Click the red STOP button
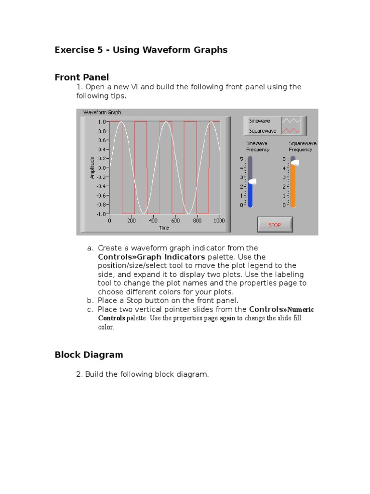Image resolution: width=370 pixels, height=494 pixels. pos(275,225)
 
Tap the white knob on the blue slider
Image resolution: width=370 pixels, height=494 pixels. pos(251,182)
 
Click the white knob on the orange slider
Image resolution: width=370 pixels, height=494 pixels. pos(294,163)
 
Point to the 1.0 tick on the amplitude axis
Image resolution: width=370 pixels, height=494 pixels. pos(103,122)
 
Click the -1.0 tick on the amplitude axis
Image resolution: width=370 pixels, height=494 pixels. pos(102,214)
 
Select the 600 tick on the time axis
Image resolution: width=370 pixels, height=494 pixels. pos(175,221)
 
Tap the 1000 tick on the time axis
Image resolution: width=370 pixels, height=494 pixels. pos(219,221)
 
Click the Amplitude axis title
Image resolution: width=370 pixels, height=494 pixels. pos(92,167)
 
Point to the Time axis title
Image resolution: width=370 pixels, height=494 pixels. pos(164,228)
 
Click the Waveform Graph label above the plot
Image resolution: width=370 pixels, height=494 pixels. pos(102,112)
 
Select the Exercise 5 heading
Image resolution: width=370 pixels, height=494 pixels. pos(141,50)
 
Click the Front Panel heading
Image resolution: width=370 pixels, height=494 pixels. pos(82,77)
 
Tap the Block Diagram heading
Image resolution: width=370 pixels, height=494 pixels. pos(89,355)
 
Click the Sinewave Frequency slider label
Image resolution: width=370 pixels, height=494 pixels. pos(258,147)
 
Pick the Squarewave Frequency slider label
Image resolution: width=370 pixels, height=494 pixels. pos(300,147)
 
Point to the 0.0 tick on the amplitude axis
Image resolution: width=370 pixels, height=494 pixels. pos(103,168)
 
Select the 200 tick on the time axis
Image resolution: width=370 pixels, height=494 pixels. pos(132,221)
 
